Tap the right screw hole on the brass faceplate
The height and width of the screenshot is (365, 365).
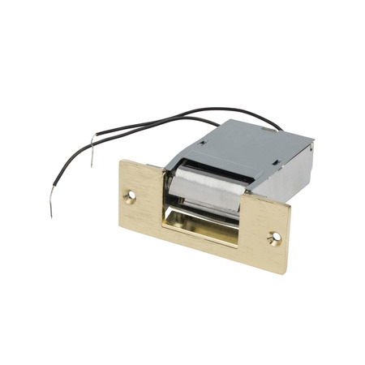coord(276,238)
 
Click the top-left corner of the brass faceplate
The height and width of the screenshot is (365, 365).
coord(121,159)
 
